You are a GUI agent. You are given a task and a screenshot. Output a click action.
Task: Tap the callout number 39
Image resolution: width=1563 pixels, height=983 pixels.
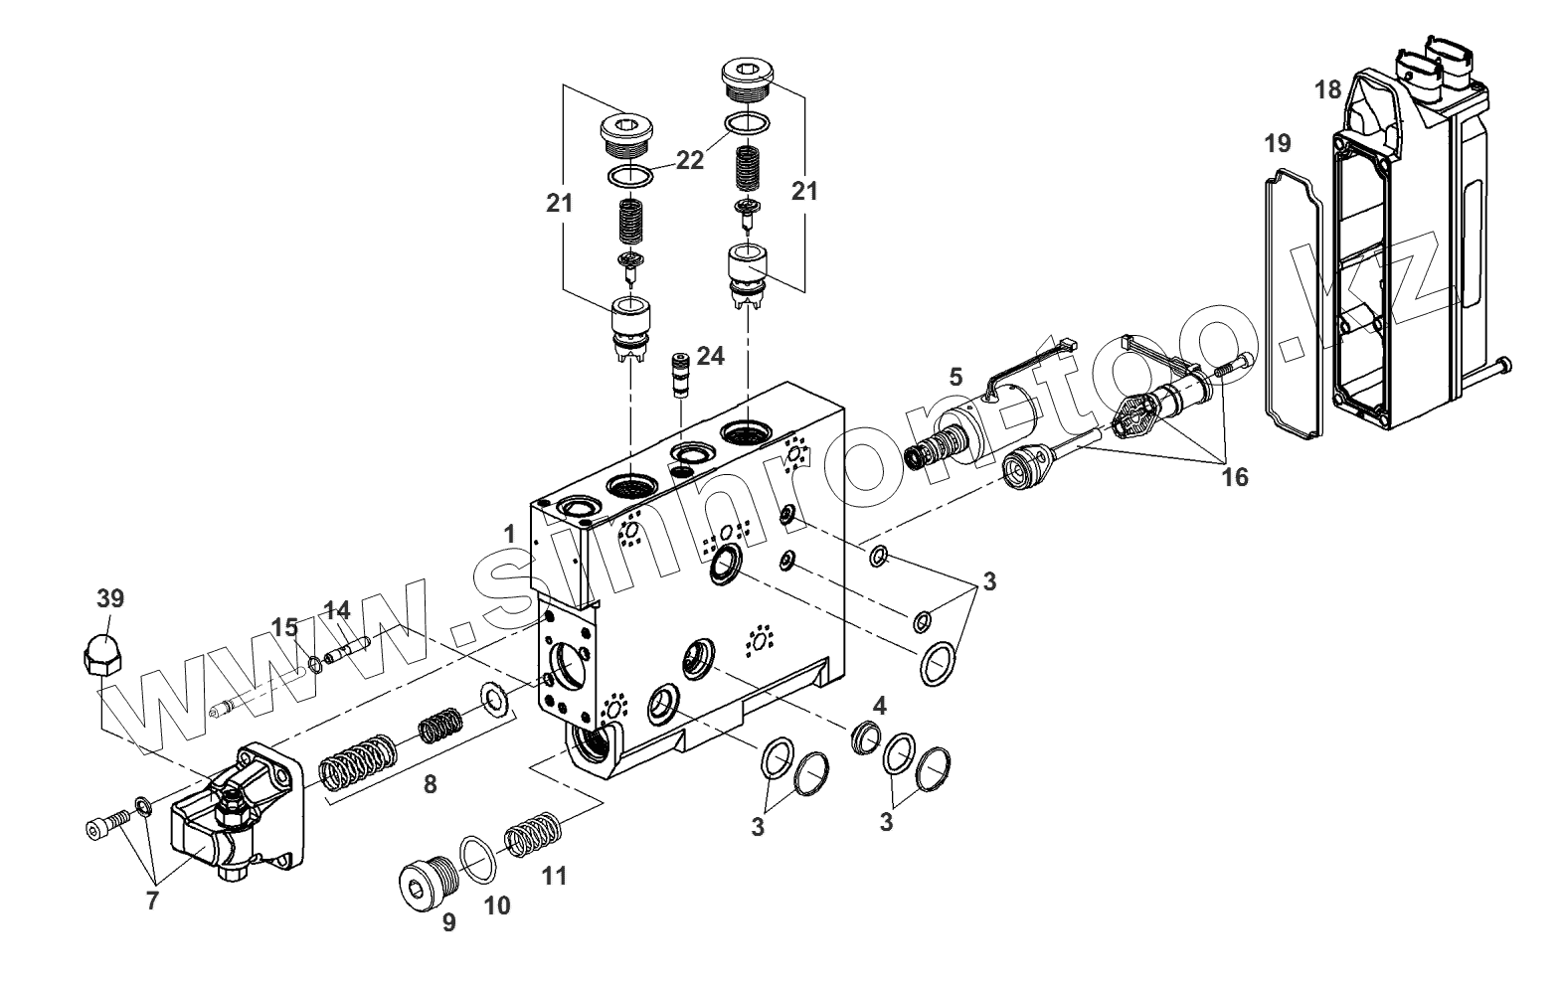coord(110,598)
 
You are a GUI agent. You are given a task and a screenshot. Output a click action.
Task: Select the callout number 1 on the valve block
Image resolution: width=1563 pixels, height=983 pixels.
coord(509,534)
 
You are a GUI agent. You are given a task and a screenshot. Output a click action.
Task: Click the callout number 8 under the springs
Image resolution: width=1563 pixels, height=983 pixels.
coord(430,784)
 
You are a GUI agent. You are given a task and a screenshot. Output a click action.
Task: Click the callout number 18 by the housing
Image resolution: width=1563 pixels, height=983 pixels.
coord(1327,89)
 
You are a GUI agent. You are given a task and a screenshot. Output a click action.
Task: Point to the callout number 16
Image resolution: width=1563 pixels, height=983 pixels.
coord(1234,477)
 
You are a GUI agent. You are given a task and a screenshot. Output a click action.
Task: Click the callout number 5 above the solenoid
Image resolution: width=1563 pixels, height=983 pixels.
coord(955,376)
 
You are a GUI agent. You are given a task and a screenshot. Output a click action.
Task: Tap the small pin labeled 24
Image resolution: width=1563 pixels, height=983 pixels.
coord(680,373)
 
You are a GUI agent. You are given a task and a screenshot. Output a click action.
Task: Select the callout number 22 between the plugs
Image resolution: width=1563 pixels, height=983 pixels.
coord(689,160)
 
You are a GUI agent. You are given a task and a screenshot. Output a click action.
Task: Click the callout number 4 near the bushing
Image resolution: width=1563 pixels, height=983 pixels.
coord(879,705)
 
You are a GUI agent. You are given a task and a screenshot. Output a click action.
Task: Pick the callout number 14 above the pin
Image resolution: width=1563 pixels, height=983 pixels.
coord(338,609)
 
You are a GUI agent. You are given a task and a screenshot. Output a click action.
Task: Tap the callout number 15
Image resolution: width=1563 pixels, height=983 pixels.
coord(285,627)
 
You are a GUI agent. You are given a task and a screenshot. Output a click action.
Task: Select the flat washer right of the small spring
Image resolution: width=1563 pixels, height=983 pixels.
coord(494,699)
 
